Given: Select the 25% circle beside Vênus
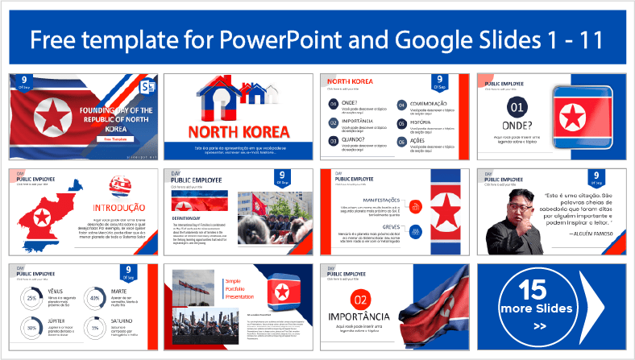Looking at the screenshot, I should coord(31,299).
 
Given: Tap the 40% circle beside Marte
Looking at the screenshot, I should coord(96,299).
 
